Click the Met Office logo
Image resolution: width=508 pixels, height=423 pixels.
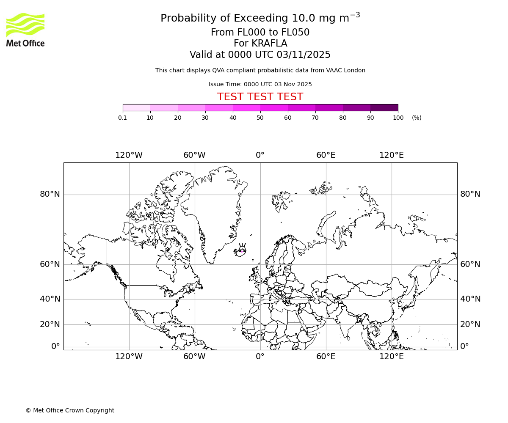coord(25,30)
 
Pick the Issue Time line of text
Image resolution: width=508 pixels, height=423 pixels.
coord(260,85)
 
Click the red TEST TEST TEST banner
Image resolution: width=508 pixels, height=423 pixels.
coord(260,97)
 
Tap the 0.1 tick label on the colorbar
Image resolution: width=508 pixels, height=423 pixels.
coord(123,118)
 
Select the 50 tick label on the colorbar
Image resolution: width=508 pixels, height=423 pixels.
coord(260,118)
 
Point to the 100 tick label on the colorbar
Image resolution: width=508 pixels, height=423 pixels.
coord(398,118)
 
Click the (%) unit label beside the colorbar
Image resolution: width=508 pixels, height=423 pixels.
coord(417,118)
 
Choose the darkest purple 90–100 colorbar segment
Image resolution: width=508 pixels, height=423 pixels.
coord(384,108)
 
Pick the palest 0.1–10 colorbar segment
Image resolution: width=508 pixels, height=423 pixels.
coord(136,108)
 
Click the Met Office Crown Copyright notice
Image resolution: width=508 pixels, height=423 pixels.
coord(70,411)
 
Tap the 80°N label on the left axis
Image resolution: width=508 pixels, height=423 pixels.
coord(50,194)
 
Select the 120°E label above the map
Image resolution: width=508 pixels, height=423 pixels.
coord(391,155)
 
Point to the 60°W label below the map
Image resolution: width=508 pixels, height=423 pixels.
coord(194,357)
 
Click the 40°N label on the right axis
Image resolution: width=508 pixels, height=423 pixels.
coord(470,299)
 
